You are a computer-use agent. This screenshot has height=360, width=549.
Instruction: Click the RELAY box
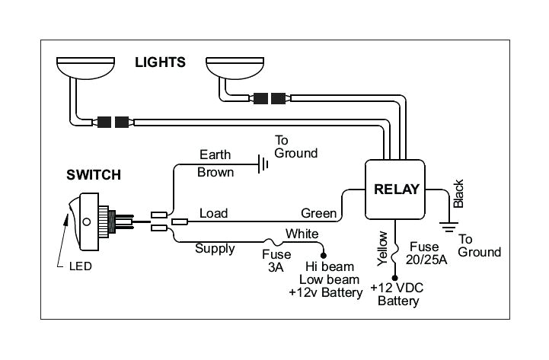(x=396, y=189)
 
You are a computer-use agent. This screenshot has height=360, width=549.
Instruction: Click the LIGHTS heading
(x=160, y=62)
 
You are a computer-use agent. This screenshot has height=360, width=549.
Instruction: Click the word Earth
(x=214, y=154)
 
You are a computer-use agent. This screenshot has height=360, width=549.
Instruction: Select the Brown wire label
(x=215, y=172)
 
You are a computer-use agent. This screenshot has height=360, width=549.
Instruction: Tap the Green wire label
(x=318, y=213)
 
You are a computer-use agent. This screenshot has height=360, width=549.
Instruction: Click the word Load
(x=213, y=213)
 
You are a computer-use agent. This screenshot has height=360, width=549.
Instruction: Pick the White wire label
(x=302, y=234)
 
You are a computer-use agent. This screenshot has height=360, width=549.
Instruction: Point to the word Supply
(x=215, y=248)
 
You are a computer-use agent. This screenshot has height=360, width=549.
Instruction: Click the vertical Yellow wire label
(x=383, y=248)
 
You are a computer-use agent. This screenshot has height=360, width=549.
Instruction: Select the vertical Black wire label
(x=458, y=194)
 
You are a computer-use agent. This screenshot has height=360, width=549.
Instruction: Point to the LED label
(x=80, y=266)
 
